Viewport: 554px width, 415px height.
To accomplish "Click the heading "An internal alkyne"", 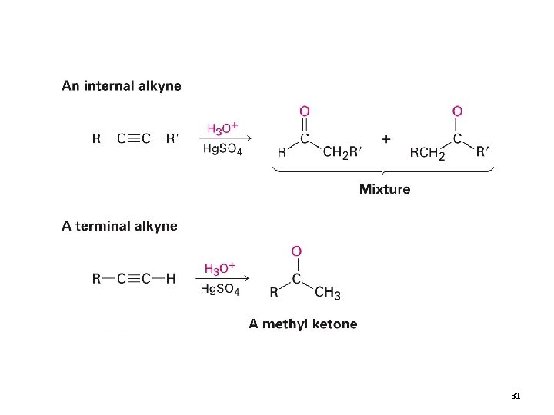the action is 122,86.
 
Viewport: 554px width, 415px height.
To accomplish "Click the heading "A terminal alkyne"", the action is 119,226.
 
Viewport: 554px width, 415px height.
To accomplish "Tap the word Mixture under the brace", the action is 385,189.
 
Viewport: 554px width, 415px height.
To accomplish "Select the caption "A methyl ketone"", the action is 302,324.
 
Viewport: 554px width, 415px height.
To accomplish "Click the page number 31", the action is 516,396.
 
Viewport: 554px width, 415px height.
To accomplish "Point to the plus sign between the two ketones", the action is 385,138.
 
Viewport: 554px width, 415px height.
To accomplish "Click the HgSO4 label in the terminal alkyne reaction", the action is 220,290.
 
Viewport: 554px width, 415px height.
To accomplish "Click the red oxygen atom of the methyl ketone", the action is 296,251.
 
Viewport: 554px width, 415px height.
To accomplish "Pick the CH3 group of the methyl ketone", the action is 328,293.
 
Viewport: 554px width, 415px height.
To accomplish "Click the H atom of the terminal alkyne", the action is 170,279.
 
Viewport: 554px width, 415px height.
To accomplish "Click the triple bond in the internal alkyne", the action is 132,139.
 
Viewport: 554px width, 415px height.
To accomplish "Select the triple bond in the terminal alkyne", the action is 132,279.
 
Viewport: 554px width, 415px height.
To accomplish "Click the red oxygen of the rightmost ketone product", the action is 457,112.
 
